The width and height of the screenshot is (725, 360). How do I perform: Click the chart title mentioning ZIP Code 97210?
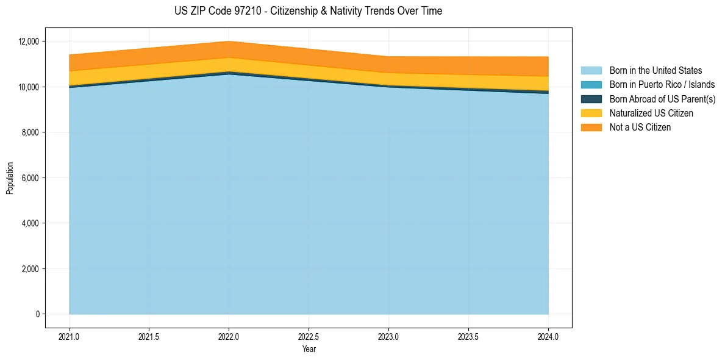[x=308, y=11]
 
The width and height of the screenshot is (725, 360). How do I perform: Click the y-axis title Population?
[x=10, y=178]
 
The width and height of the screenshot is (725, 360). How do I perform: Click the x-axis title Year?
[x=309, y=349]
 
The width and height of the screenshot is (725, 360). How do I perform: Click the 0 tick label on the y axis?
[x=37, y=314]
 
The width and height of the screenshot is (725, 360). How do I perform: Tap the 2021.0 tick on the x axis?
[x=70, y=336]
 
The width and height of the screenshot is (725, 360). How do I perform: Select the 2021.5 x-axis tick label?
[x=149, y=336]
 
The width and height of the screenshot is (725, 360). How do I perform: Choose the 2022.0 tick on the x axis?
[x=229, y=336]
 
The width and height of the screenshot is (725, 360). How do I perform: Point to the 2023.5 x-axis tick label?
[x=468, y=336]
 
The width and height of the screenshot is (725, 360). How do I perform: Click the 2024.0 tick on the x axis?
[x=548, y=336]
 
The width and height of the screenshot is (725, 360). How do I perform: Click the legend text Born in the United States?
[x=655, y=71]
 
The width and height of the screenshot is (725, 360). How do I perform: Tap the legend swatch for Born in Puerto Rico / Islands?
[x=591, y=85]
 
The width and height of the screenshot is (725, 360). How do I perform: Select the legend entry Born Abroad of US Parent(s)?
[x=662, y=99]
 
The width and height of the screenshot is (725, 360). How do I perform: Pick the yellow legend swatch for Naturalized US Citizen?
[x=591, y=113]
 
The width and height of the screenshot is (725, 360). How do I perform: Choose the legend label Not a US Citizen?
[x=640, y=128]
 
